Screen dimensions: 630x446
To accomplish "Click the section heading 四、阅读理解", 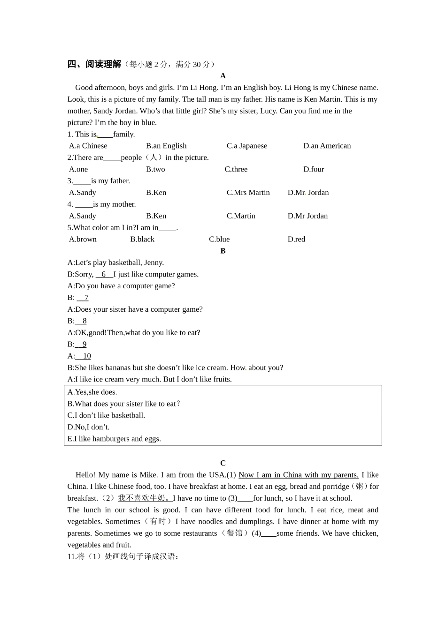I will (x=94, y=64).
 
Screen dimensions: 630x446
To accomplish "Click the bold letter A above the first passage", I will (x=223, y=76).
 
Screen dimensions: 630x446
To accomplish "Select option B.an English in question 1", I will (x=166, y=146).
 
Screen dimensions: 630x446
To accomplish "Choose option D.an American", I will (x=327, y=146).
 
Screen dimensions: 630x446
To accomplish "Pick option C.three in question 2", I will (x=236, y=169).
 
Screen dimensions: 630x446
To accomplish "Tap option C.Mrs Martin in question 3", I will (x=248, y=193).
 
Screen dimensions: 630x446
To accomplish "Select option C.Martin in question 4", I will (x=241, y=216).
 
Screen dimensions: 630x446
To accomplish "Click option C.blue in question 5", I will (x=219, y=239).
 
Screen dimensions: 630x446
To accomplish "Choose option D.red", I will (x=296, y=239).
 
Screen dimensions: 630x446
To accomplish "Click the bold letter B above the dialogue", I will (x=223, y=251).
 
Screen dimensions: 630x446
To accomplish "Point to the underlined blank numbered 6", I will (x=104, y=274).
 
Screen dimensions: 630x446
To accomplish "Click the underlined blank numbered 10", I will (x=85, y=356).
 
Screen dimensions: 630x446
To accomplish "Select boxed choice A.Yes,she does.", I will (x=92, y=392).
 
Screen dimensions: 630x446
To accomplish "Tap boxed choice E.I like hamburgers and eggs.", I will (x=114, y=439).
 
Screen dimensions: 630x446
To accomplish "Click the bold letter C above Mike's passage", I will (x=223, y=463).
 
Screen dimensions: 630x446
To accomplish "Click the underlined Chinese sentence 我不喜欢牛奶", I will (x=145, y=498).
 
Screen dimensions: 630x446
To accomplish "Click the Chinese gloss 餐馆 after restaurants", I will (x=235, y=533).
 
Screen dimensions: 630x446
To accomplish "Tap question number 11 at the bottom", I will (x=72, y=556).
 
